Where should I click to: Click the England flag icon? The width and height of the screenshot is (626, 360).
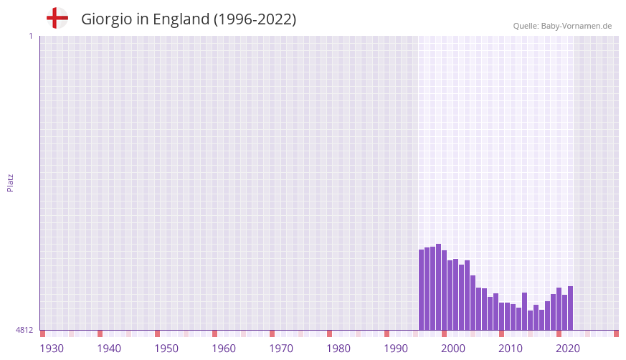pos(57,18)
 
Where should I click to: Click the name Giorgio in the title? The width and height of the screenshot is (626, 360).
pos(106,19)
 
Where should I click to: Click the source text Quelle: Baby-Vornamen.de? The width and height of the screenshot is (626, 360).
pos(562,26)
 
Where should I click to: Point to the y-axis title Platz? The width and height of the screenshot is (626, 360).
pos(10,182)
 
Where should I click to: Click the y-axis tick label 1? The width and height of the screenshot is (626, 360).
pos(30,36)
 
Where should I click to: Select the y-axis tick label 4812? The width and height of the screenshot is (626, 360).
pos(24,330)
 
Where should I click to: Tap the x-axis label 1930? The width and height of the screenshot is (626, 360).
pos(52,349)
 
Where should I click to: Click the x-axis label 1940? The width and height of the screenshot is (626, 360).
pos(109,349)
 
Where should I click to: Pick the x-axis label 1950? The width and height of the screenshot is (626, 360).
pos(166,349)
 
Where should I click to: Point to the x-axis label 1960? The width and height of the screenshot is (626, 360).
pos(224,349)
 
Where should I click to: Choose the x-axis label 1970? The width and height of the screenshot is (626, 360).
pos(281,349)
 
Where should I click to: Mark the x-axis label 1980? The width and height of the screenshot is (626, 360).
pos(338,349)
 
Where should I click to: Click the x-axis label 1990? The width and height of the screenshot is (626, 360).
pos(396,349)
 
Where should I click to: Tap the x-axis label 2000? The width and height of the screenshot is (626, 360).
pos(453,349)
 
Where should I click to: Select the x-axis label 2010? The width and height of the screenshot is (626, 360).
pos(511,349)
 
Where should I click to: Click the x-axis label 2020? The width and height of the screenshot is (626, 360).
pos(568,349)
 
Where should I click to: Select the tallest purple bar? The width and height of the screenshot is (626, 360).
pos(438,287)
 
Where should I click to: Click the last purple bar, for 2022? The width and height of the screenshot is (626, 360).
pos(570,308)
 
